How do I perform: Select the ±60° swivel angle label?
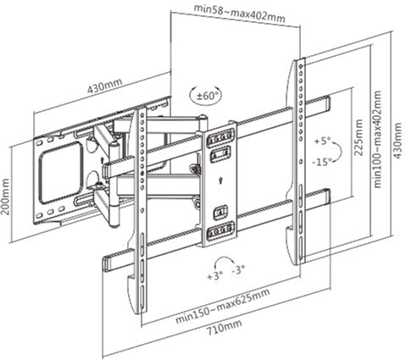point(206,97)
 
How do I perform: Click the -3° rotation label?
point(238,269)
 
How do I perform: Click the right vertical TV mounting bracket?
point(299,161)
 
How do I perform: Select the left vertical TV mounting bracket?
point(141,212)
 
